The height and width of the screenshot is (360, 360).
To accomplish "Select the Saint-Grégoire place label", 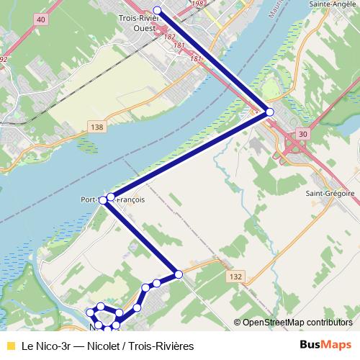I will [x=330, y=194].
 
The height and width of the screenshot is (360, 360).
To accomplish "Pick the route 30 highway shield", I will [x=302, y=133].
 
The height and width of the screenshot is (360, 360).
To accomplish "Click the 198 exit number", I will [x=198, y=4].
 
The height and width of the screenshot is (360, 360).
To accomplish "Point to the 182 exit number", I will [x=170, y=36].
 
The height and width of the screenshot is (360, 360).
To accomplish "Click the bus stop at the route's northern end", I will [x=158, y=10].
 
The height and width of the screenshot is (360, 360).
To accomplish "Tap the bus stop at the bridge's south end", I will [x=270, y=112].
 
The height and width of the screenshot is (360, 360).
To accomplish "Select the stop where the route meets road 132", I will [x=179, y=274].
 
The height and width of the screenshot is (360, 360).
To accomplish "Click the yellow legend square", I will [x=11, y=346].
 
